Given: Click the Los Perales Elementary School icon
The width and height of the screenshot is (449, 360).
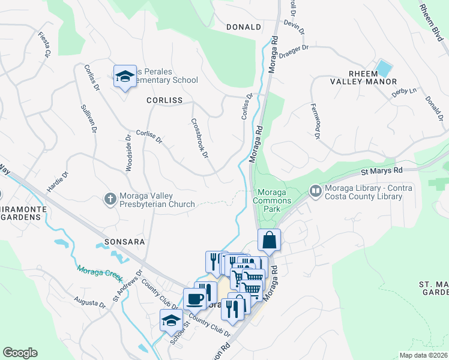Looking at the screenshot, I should (x=125, y=76).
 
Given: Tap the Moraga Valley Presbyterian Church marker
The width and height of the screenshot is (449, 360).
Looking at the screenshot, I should (x=110, y=199).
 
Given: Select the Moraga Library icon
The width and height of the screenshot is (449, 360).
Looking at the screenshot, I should (x=315, y=191).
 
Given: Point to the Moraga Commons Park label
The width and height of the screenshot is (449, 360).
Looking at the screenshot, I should (x=274, y=200).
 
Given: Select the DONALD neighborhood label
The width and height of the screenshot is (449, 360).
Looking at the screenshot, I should (x=244, y=27).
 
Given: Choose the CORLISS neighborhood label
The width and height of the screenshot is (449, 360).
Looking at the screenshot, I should (x=164, y=100).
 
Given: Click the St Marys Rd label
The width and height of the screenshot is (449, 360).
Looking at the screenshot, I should (x=381, y=171).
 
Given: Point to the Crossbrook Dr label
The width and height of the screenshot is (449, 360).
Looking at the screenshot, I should (x=199, y=137).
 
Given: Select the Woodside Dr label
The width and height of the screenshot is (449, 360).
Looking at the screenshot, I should (x=128, y=152).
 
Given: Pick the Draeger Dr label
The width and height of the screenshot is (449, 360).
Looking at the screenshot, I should (x=295, y=47).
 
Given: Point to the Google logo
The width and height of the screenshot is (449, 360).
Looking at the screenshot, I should (x=20, y=353).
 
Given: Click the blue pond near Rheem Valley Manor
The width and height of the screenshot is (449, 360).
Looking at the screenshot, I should (x=382, y=68).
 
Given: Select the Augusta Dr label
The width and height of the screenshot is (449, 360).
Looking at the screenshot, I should (x=90, y=301).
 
